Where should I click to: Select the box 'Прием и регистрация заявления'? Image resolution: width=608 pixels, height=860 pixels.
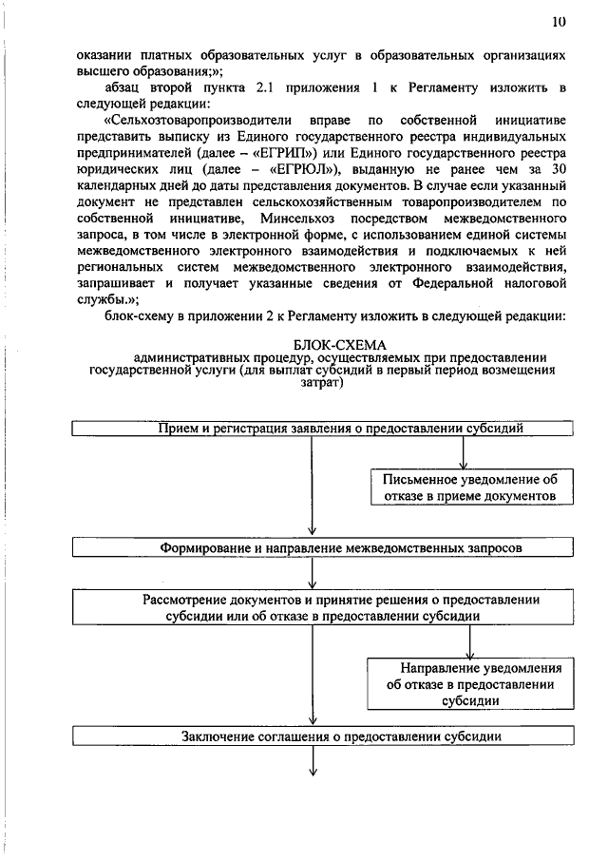click(324, 429)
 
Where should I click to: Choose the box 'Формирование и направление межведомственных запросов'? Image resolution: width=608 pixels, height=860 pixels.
click(324, 548)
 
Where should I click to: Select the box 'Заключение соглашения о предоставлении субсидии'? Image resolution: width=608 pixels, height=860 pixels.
click(324, 736)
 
